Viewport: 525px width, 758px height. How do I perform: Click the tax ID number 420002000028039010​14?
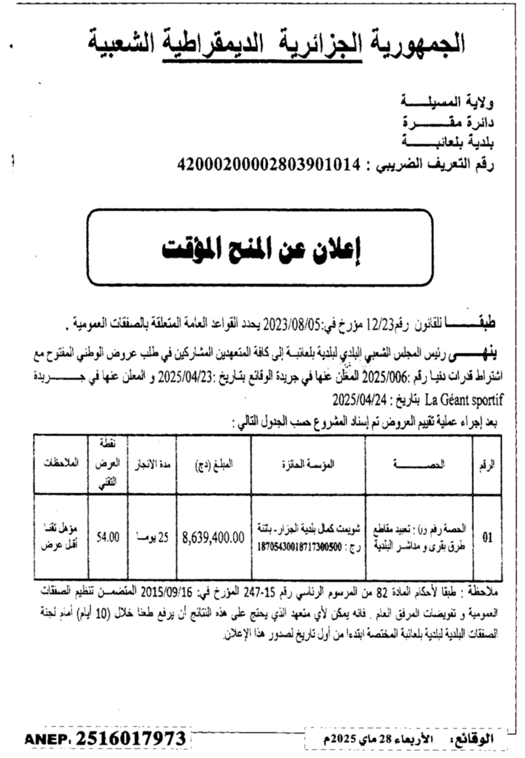coord(263,164)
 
